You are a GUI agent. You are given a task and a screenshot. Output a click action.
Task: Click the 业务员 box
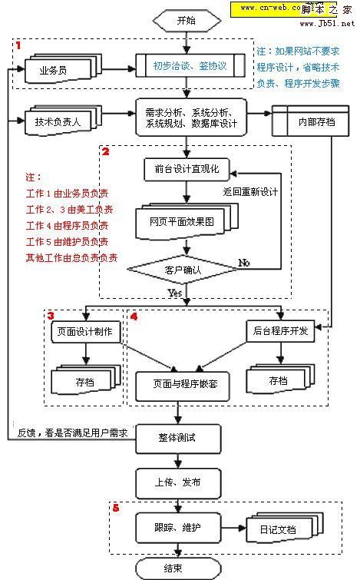coord(53,71)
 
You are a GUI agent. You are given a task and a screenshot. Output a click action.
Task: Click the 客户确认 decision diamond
coord(176,270)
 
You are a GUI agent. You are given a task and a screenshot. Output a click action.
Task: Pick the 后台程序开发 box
coord(281,331)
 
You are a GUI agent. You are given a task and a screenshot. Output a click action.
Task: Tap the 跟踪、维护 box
coord(177,529)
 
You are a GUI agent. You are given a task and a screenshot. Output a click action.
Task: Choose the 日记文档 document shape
coord(269,531)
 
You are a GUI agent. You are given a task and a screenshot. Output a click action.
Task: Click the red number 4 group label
coord(135,315)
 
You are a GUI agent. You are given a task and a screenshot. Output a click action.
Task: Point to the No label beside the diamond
coord(244,263)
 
